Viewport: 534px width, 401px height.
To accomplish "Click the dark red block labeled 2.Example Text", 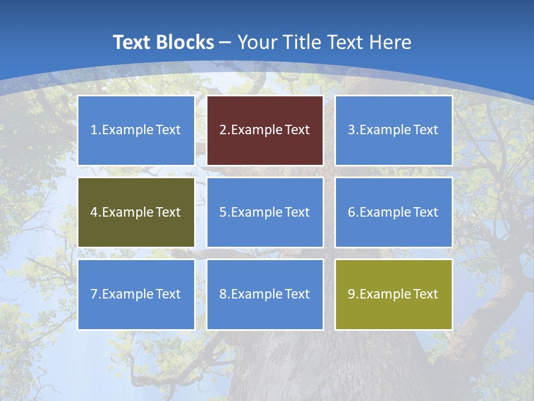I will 265,130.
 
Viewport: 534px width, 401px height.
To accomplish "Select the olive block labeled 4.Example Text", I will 136,212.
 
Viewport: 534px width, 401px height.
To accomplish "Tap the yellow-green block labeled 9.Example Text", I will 393,294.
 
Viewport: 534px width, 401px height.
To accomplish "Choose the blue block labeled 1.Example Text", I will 136,130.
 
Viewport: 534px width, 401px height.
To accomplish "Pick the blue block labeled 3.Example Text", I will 393,130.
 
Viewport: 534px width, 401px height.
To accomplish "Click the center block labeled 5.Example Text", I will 265,212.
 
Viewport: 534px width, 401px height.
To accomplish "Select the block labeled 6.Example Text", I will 393,212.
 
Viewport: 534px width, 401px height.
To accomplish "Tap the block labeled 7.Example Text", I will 136,294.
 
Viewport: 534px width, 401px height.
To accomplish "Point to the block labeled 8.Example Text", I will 265,294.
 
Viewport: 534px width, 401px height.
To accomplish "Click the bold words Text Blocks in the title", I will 163,42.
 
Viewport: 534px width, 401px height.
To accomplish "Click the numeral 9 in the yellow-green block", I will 352,294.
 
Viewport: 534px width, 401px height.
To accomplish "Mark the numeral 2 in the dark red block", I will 223,130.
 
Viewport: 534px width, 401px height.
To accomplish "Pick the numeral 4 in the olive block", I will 94,212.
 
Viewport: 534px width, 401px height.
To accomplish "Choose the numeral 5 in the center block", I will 223,212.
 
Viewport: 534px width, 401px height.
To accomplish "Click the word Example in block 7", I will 127,294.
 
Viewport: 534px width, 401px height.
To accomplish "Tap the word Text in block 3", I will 426,130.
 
